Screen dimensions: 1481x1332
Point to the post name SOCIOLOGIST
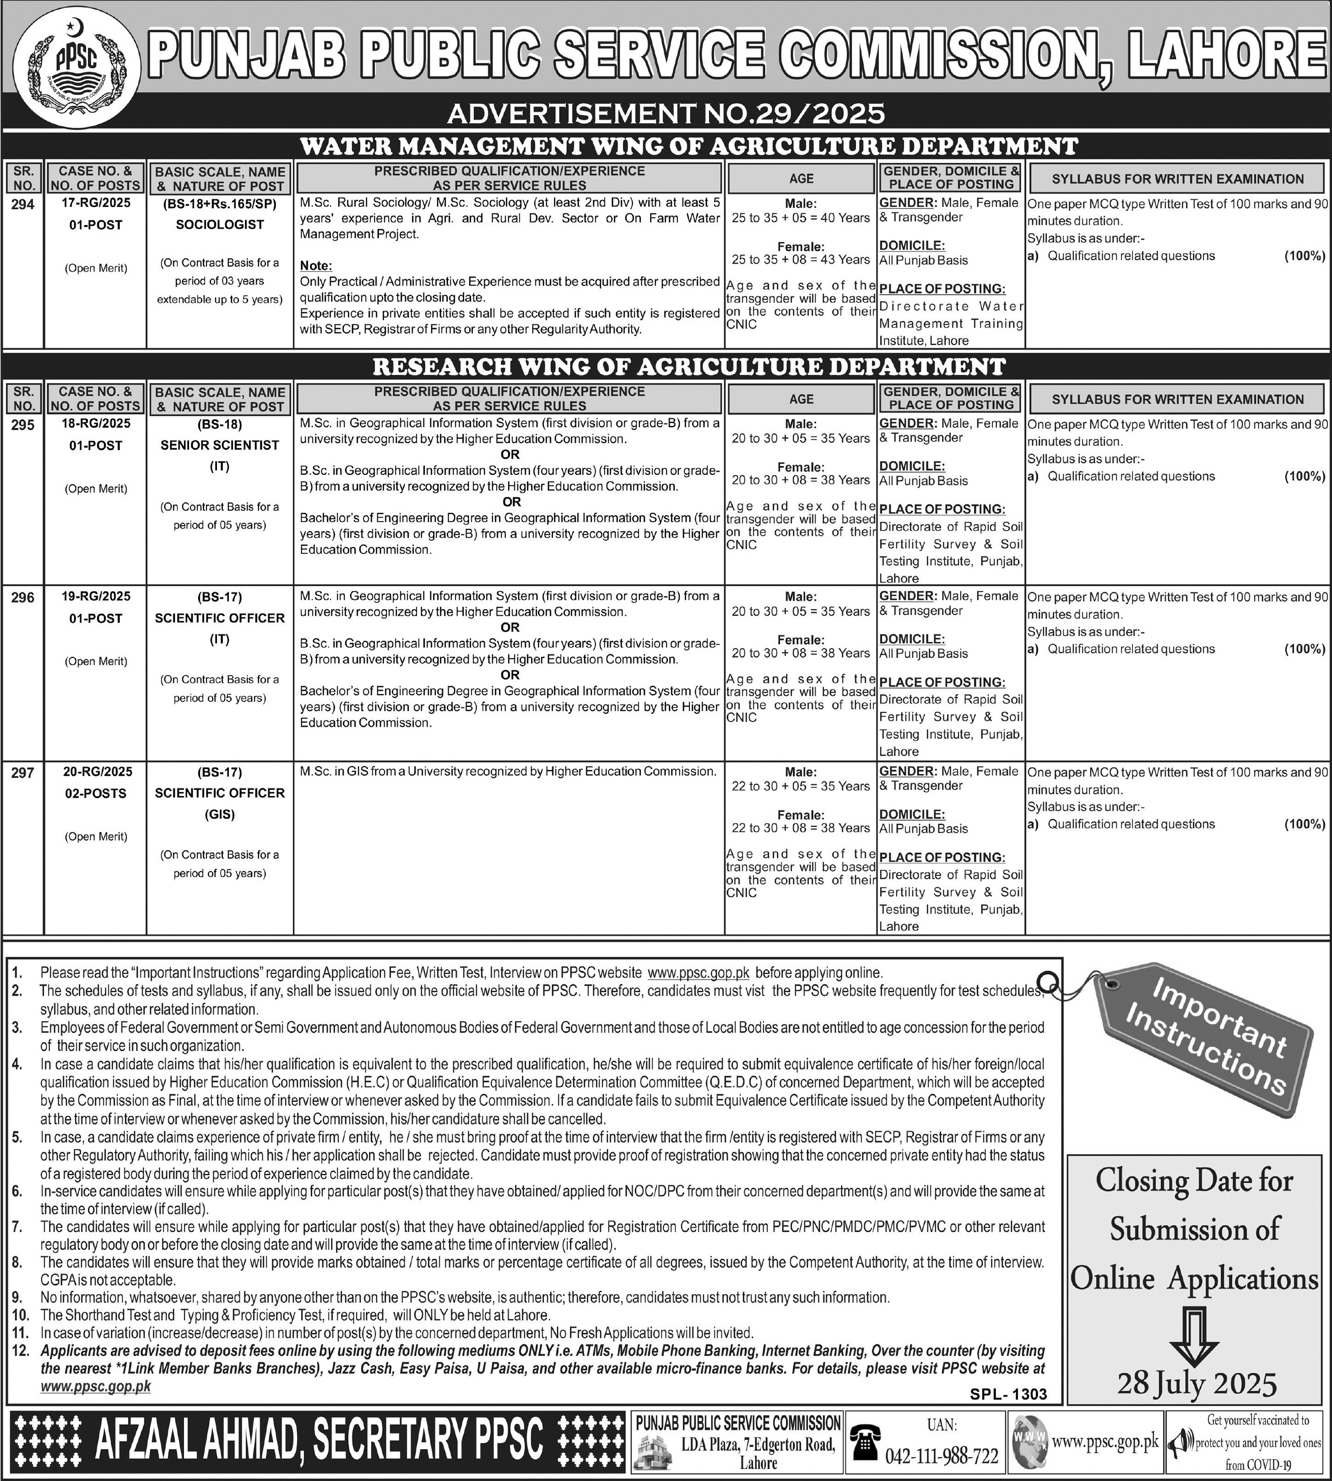point(220,225)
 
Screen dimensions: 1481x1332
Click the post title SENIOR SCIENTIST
point(220,445)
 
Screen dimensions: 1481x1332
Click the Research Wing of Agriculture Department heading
point(688,366)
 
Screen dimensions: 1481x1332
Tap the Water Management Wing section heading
point(688,146)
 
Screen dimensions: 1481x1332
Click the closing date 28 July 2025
point(1197,1383)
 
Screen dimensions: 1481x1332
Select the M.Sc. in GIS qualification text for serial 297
point(507,771)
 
